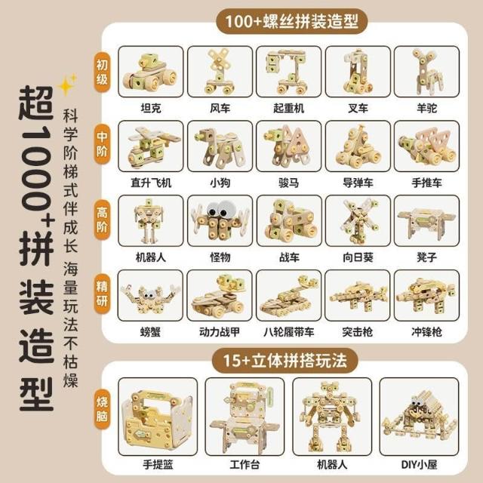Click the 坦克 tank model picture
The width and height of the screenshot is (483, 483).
pos(151,72)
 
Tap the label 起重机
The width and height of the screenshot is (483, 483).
pos(288,108)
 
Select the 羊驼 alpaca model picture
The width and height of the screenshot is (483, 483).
pos(426,72)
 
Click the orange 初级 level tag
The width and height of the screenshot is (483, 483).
pos(102,72)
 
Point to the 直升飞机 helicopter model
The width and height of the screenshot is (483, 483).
pos(151,146)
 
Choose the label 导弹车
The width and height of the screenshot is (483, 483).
pos(358,183)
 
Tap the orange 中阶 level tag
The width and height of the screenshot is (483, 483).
pos(102,144)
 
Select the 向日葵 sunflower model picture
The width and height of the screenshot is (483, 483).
pos(358,221)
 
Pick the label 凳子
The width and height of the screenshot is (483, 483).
pos(426,257)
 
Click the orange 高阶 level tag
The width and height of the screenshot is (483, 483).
pos(102,220)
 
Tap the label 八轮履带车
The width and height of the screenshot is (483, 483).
pos(288,332)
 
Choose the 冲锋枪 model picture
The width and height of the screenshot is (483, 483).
pos(426,295)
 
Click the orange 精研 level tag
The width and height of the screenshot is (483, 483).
pos(102,294)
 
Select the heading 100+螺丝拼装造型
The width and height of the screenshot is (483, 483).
pos(292,21)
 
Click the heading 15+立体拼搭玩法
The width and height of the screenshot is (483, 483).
pos(285,361)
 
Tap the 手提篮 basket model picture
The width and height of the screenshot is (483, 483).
pos(158,417)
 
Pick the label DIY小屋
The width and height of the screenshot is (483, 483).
pos(419,465)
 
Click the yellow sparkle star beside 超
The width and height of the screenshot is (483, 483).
pos(66,85)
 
